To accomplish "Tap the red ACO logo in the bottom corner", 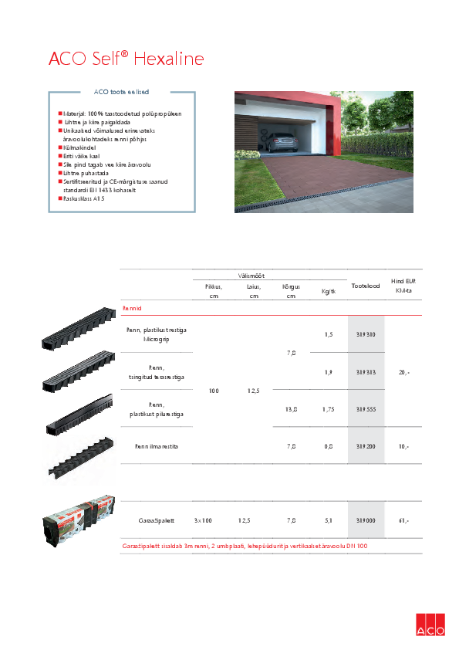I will coord(430,625).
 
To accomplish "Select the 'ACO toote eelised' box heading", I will coord(122,92).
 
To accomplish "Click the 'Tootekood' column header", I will coord(366,286).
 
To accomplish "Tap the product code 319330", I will coord(366,334).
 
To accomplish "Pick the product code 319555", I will coord(366,409).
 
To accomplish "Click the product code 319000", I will coord(366,521).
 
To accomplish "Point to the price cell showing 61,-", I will coord(403,521).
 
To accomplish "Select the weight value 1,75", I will coord(328,409).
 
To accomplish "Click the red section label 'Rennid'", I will coord(132,308).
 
